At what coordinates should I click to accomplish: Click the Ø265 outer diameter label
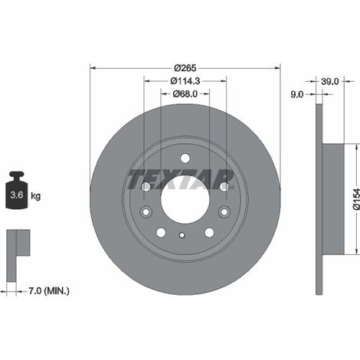pyautogui.click(x=185, y=68)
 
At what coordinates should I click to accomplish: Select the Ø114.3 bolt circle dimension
pyautogui.click(x=185, y=81)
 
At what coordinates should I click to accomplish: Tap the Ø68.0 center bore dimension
pyautogui.click(x=185, y=94)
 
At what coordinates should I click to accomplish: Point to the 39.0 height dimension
pyautogui.click(x=330, y=81)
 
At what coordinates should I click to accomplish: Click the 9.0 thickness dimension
pyautogui.click(x=297, y=94)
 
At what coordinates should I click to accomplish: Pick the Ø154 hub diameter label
pyautogui.click(x=356, y=199)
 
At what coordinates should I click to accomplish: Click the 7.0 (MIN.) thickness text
pyautogui.click(x=49, y=291)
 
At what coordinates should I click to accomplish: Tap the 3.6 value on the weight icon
pyautogui.click(x=17, y=195)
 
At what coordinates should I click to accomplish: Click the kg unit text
pyautogui.click(x=36, y=196)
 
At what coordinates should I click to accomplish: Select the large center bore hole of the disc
pyautogui.click(x=185, y=199)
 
